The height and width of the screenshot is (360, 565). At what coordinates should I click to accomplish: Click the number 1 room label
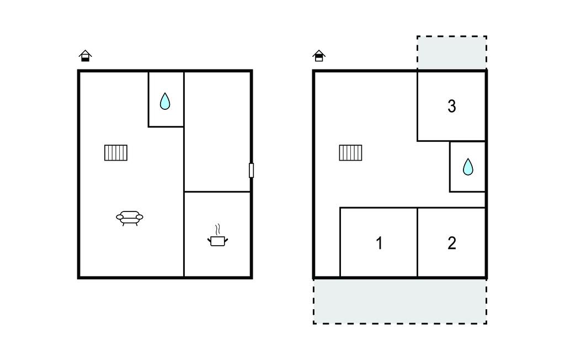379,243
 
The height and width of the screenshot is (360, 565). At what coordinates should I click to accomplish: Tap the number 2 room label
452,243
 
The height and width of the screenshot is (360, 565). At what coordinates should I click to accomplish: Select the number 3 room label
452,106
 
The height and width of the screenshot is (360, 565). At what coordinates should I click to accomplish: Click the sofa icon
129,218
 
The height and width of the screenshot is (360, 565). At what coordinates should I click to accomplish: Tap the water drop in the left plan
165,102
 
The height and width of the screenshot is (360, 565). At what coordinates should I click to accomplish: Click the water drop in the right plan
468,167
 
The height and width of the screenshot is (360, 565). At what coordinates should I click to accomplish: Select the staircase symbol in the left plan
116,152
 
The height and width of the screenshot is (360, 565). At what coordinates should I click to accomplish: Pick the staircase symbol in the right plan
350,152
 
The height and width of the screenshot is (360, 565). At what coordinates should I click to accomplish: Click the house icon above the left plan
85,56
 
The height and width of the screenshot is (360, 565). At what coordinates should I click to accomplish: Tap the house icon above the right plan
319,56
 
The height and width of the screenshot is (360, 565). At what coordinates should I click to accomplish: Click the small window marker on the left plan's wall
251,170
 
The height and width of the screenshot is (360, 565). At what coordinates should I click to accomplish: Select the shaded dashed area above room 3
452,52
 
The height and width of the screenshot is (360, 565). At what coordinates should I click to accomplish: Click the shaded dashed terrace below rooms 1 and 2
400,301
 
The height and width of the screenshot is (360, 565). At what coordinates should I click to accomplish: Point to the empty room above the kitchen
217,131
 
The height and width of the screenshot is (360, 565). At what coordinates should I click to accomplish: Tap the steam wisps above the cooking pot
217,230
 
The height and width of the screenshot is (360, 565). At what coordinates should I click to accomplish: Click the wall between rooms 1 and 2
417,242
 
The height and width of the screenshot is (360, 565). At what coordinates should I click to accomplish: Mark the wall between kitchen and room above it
217,192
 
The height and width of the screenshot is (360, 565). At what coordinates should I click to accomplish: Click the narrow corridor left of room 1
327,242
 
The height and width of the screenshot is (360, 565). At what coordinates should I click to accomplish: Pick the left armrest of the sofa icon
120,217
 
